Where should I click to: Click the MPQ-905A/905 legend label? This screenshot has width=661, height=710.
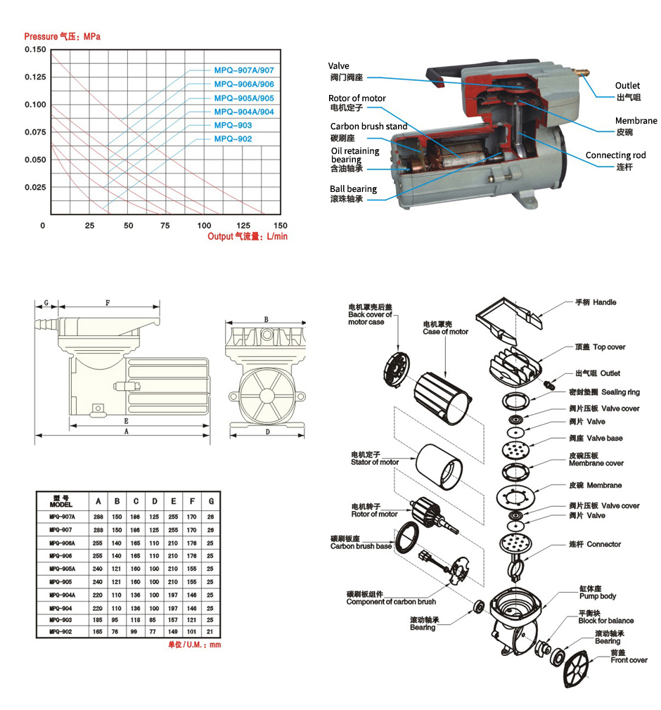tap(243, 98)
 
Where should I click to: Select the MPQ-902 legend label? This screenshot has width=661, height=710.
tap(233, 139)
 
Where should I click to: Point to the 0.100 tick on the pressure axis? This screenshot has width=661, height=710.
tap(35, 105)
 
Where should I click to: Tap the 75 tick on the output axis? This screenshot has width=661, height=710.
tap(165, 226)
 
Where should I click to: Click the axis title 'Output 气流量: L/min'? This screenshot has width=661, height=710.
tap(248, 237)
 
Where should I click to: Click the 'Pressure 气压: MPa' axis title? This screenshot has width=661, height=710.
tap(62, 37)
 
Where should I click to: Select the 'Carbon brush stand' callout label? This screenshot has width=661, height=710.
tap(369, 127)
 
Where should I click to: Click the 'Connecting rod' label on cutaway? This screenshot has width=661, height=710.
tap(615, 155)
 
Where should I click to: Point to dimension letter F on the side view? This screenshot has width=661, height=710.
tap(108, 303)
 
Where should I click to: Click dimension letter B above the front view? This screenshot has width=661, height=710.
tap(266, 319)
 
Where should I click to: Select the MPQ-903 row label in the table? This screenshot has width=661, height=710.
tap(62, 620)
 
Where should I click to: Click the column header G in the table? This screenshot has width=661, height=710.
tap(211, 502)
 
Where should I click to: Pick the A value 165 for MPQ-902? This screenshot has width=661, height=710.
tap(98, 632)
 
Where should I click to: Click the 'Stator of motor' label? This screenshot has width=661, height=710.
tap(375, 459)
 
